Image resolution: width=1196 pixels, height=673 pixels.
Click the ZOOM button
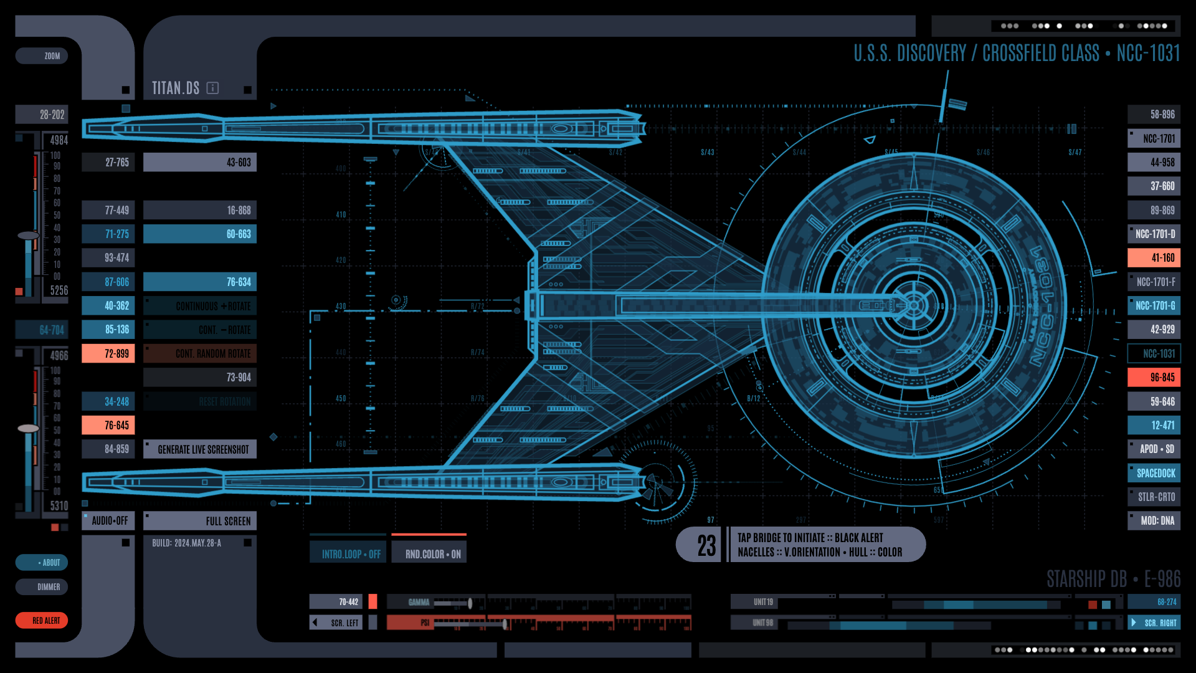[x=42, y=56]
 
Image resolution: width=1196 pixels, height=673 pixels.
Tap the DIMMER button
[x=42, y=587]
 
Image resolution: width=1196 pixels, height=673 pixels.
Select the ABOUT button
[x=42, y=563]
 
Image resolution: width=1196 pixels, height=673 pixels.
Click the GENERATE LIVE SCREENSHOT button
[x=200, y=449]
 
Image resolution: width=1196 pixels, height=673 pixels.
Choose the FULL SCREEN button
[x=200, y=521]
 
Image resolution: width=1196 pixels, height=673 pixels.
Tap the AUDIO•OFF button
[x=108, y=521]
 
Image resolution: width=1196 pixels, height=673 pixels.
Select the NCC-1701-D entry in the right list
[x=1154, y=234]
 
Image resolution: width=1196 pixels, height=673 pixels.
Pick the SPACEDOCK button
[x=1154, y=474]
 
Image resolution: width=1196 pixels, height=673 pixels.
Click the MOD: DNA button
[x=1154, y=521]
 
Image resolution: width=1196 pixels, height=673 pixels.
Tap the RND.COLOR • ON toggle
[x=429, y=553]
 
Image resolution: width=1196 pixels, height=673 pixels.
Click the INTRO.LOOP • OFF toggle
[x=348, y=553]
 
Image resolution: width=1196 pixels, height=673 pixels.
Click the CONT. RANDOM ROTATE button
[x=200, y=354]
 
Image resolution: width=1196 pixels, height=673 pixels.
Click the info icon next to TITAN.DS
[x=212, y=88]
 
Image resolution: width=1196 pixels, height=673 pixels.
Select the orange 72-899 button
[x=108, y=354]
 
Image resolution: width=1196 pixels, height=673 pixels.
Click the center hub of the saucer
[x=913, y=305]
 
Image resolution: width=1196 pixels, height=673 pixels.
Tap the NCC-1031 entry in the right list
[x=1154, y=354]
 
